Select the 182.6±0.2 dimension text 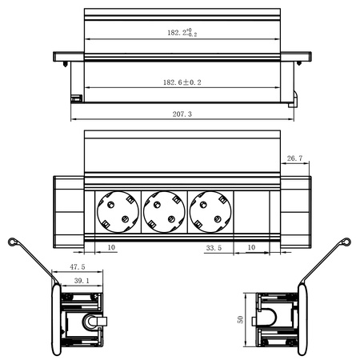pos(181,82)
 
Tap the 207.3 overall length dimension pos(181,115)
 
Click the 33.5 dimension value pos(214,249)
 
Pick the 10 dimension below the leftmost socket pos(110,249)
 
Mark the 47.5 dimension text pos(78,267)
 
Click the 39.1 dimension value pos(82,282)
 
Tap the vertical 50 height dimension pos(238,318)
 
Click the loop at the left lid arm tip pos(11,242)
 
